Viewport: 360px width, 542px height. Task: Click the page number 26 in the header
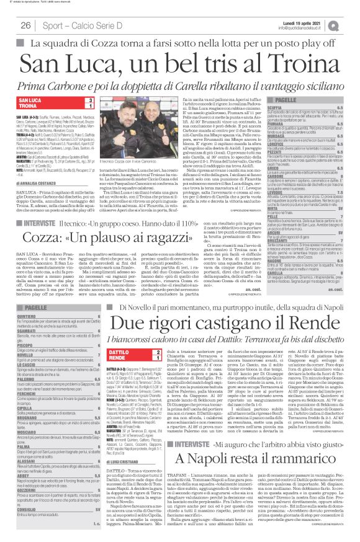(26, 25)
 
